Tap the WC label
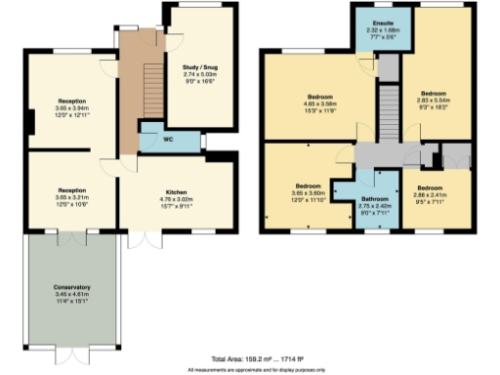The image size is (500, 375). (168, 140)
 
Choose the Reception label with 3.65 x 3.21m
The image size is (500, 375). (72, 189)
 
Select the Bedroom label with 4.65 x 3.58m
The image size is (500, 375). (320, 98)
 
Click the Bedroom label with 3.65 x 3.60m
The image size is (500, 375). (310, 185)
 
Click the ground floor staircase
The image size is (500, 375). (150, 88)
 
